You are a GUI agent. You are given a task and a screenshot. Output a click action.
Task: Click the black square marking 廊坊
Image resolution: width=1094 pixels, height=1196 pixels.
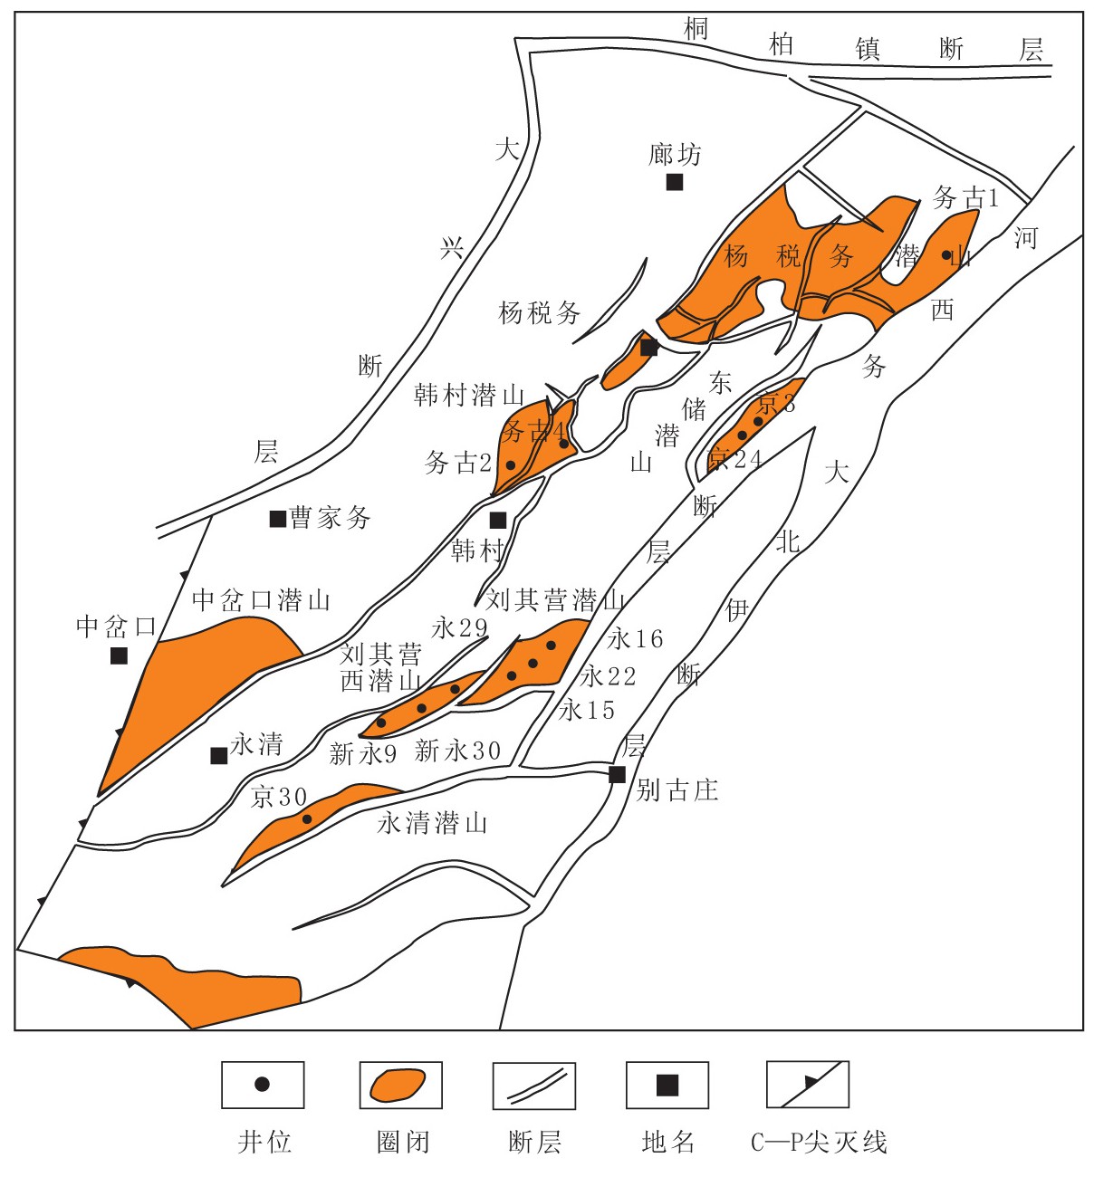click(x=675, y=182)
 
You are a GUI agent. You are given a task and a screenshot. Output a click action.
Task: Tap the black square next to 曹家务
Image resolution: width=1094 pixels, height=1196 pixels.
click(x=278, y=519)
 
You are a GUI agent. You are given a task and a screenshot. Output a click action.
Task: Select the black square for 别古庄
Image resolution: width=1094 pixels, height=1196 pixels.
click(x=618, y=774)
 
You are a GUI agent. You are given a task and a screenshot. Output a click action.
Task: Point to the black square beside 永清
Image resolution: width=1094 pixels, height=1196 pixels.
click(x=218, y=755)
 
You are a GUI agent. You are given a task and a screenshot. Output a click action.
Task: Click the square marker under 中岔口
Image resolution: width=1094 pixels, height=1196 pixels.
click(x=119, y=655)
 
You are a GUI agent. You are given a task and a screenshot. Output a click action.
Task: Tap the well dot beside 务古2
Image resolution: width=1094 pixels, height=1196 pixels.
click(x=511, y=465)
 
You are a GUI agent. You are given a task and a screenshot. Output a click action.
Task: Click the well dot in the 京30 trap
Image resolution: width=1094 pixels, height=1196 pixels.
click(x=307, y=819)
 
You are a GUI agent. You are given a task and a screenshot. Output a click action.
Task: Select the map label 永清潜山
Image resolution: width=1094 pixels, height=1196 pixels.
click(x=432, y=823)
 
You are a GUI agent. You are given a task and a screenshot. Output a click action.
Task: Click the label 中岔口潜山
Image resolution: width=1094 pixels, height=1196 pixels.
click(x=261, y=599)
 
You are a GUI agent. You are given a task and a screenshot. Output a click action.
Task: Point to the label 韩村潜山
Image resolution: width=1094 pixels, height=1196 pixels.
click(x=469, y=395)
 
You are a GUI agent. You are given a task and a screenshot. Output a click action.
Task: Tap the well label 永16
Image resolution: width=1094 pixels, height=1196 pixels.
click(x=635, y=639)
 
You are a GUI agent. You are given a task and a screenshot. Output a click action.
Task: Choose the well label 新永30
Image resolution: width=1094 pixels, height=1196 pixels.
click(x=457, y=751)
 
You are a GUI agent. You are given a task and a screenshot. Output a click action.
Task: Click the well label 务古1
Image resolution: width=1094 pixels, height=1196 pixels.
click(x=965, y=197)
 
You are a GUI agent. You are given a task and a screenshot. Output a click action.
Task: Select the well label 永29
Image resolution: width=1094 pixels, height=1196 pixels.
click(x=459, y=627)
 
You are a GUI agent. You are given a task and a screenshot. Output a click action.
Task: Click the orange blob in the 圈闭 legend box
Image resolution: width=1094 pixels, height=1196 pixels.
click(x=398, y=1085)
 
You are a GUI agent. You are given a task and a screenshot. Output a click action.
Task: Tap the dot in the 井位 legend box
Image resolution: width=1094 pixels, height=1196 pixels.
click(x=263, y=1084)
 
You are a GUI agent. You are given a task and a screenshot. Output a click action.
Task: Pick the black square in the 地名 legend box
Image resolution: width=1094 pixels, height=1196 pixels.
click(x=667, y=1085)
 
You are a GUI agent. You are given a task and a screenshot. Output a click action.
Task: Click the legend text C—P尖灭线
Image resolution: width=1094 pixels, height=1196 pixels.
click(x=819, y=1143)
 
